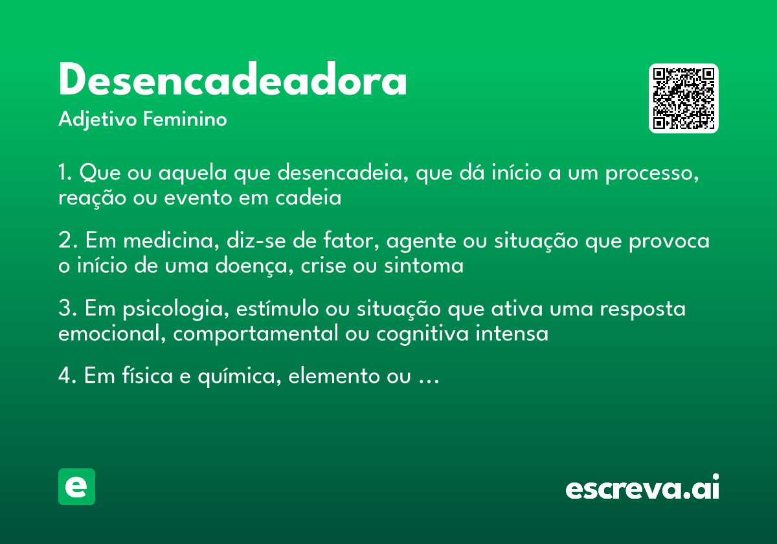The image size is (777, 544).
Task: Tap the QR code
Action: (683, 98)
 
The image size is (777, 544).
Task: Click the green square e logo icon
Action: (76, 486)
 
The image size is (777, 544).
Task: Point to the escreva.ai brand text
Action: (642, 488)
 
